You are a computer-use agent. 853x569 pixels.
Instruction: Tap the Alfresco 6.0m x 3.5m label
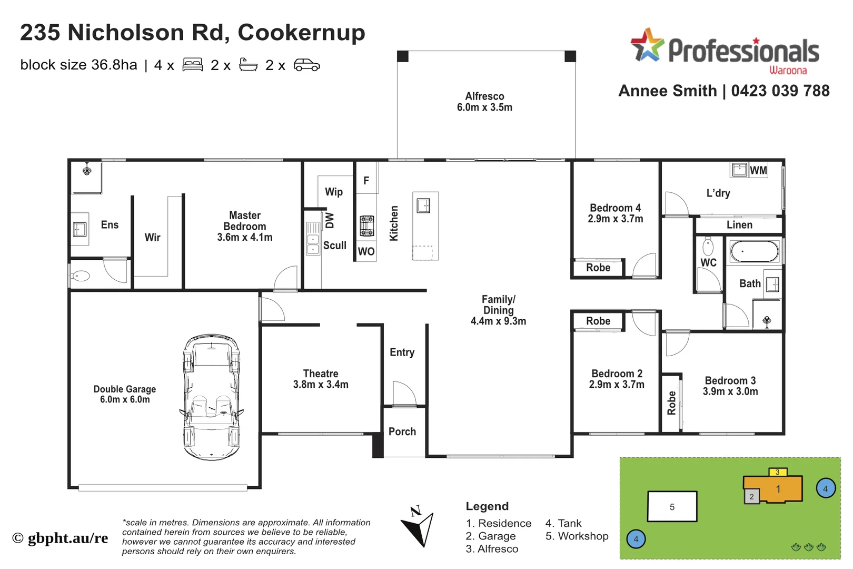pyautogui.click(x=484, y=102)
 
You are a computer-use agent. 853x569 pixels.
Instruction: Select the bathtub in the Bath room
pyautogui.click(x=754, y=252)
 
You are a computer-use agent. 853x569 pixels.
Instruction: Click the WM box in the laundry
pyautogui.click(x=758, y=170)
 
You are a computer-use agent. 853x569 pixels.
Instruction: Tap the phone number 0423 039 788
pyautogui.click(x=780, y=91)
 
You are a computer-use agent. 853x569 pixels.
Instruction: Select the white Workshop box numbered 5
pyautogui.click(x=672, y=507)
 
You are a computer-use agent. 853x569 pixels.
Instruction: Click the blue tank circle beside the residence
pyautogui.click(x=825, y=489)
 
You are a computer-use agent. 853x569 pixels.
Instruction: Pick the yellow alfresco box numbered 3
pyautogui.click(x=777, y=472)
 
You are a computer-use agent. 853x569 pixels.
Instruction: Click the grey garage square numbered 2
pyautogui.click(x=751, y=496)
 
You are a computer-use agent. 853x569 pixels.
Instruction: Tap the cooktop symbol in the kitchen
pyautogui.click(x=367, y=226)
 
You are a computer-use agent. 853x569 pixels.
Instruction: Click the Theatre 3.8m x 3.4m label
pyautogui.click(x=321, y=379)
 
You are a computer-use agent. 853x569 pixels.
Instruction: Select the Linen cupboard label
pyautogui.click(x=739, y=225)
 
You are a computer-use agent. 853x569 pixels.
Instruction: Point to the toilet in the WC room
pyautogui.click(x=708, y=246)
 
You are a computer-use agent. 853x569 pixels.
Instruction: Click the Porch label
pyautogui.click(x=402, y=432)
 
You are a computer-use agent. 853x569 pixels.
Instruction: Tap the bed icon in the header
pyautogui.click(x=193, y=65)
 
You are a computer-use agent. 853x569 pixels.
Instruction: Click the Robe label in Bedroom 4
pyautogui.click(x=598, y=268)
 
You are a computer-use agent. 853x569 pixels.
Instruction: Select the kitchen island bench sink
pyautogui.click(x=423, y=205)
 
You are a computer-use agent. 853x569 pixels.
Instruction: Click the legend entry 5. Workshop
pyautogui.click(x=577, y=536)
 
